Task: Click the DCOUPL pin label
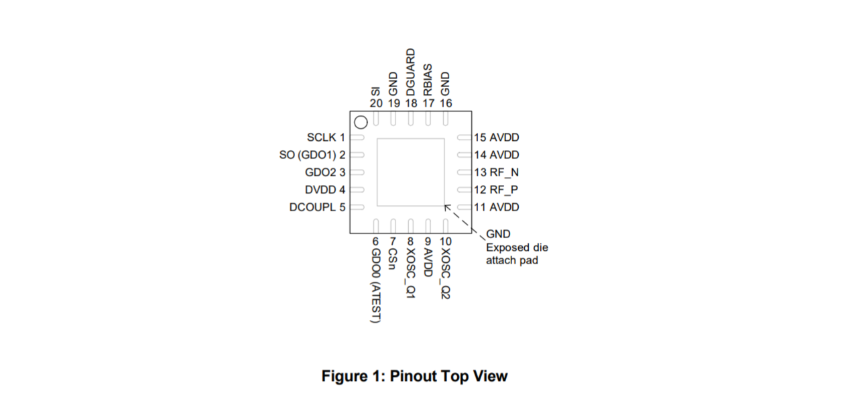(x=313, y=207)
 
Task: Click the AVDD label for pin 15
(x=504, y=137)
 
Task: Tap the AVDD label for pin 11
(x=504, y=207)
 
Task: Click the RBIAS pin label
(x=428, y=79)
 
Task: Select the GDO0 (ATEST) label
(x=376, y=286)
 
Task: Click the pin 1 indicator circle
(x=361, y=122)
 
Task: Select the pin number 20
(x=376, y=103)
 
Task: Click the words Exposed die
(x=517, y=247)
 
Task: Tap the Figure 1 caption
(x=414, y=376)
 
